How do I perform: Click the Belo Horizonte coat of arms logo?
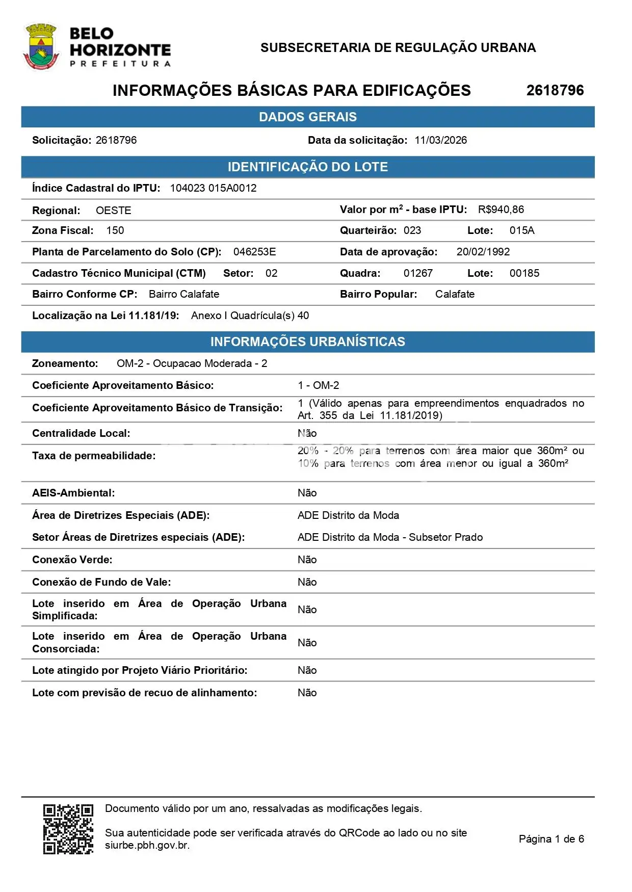click(41, 47)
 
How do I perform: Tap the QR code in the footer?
click(68, 829)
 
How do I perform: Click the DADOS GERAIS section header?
click(307, 117)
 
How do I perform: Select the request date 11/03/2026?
click(440, 140)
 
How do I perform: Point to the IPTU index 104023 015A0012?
click(213, 188)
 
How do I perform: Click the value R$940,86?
click(501, 209)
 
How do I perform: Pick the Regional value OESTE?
click(113, 211)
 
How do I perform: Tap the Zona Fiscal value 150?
click(115, 230)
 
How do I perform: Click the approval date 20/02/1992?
click(483, 252)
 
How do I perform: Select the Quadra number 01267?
click(418, 273)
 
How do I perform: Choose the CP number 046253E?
click(254, 252)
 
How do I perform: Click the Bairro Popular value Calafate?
click(455, 294)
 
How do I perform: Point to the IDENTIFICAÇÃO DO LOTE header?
click(307, 167)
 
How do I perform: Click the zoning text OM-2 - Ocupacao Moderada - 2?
click(192, 363)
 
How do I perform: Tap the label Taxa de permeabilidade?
click(94, 456)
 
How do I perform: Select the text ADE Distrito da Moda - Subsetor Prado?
click(390, 537)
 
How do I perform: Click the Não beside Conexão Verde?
click(307, 560)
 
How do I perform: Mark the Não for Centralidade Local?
click(307, 433)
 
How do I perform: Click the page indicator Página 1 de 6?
click(551, 839)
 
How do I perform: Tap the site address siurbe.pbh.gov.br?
click(147, 845)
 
